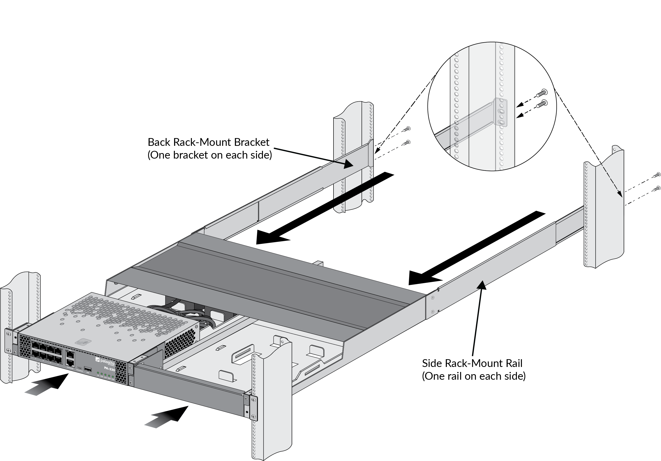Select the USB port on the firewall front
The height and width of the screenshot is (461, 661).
tap(88, 369)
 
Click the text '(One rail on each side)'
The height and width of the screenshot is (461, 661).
tap(474, 376)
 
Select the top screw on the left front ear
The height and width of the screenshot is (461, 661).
tap(9, 334)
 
